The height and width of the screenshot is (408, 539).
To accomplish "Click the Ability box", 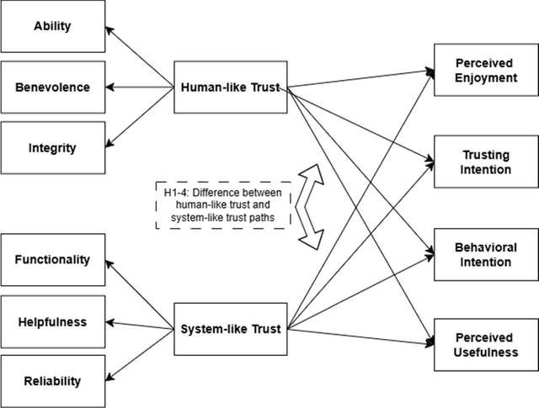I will (52, 26).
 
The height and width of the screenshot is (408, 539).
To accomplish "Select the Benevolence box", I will (52, 87).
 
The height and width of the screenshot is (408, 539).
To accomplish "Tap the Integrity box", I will (52, 148).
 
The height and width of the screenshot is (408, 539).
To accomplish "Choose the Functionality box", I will (52, 259).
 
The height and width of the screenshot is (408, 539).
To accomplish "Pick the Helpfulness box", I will (52, 321).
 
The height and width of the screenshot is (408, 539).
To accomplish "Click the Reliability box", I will (52, 381).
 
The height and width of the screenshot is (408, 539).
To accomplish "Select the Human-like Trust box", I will (230, 87).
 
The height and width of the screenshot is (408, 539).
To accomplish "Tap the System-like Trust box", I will (230, 328).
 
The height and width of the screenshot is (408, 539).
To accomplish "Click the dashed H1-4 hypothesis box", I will (224, 205).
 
